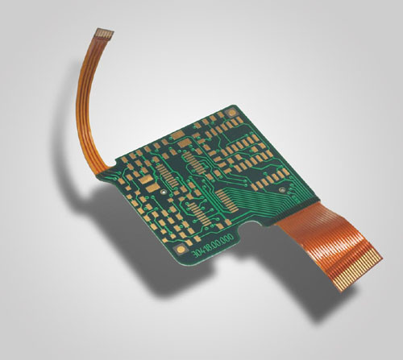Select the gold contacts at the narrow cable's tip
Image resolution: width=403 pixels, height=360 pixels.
[x=105, y=34]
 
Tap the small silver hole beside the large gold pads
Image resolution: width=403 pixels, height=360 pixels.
[x=164, y=194]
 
